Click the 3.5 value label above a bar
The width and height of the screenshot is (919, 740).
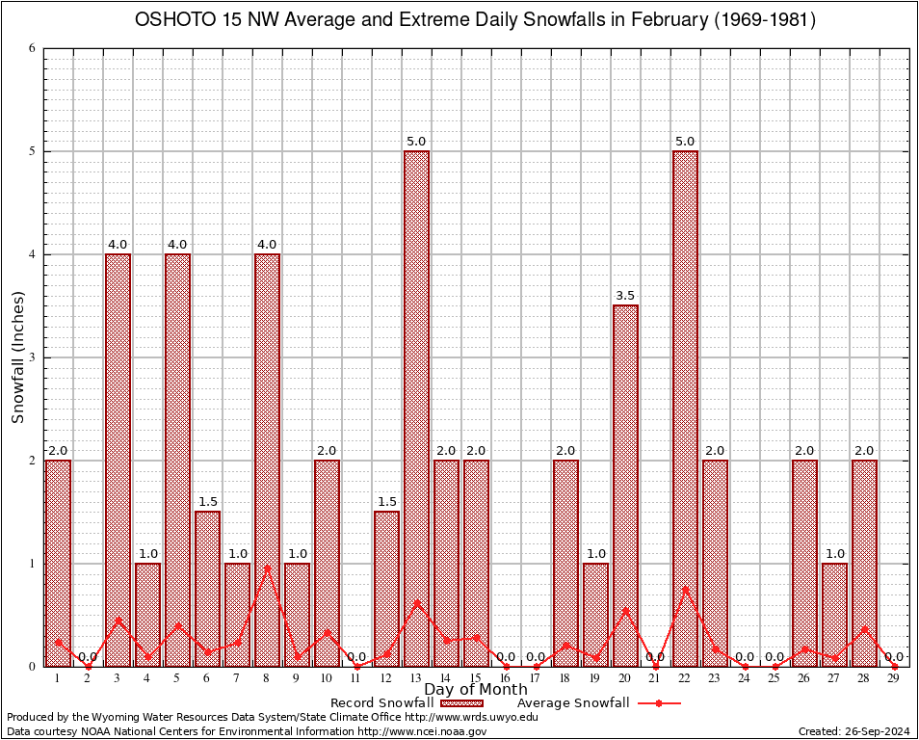(625, 296)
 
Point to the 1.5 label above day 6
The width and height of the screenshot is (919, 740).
(207, 502)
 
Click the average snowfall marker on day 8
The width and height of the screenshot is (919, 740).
(267, 567)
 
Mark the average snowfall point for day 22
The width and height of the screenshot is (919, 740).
(685, 589)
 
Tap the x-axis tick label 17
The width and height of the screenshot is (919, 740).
(536, 679)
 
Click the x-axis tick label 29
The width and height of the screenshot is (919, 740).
(894, 679)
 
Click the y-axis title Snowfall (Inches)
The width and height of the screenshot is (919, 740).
(18, 357)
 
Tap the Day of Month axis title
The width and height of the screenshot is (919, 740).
(476, 690)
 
